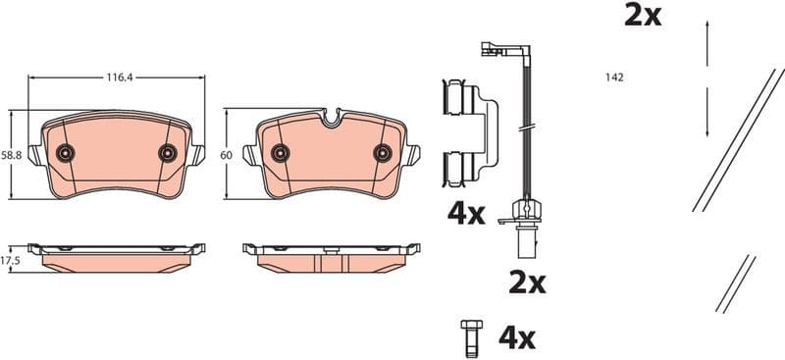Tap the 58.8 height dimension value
pos(10,155)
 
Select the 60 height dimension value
pos(225,155)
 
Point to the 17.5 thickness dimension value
pos(10,260)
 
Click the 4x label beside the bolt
pos(516,338)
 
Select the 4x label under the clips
pos(465,213)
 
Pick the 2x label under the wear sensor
pos(526,283)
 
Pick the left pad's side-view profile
pos(117,255)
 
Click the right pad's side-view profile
pos(332,255)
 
